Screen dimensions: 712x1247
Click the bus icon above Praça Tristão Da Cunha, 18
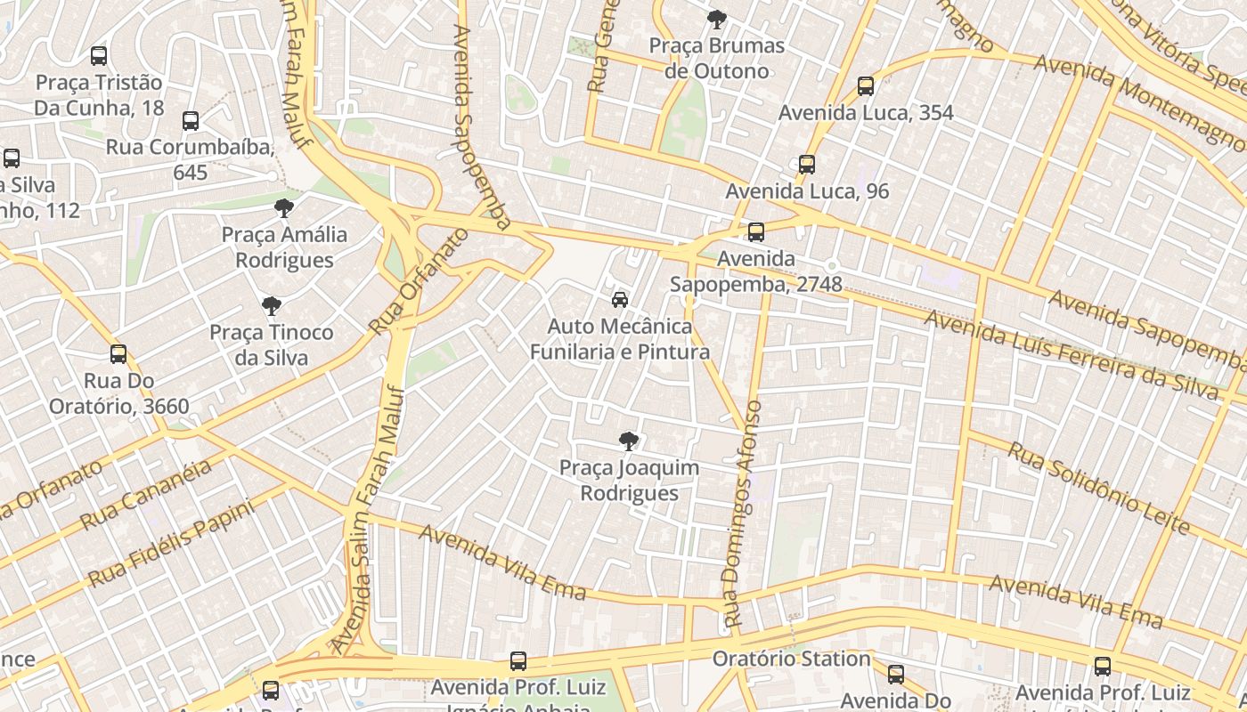99,56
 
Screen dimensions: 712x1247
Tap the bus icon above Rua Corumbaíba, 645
190,121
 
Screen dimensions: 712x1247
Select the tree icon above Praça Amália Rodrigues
284,208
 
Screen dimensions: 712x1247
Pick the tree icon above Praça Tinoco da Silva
272,306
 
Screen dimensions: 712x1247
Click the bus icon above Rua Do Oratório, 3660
118,354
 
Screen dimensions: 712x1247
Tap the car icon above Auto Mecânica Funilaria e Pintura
620,300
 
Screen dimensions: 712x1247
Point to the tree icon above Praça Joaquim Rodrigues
629,441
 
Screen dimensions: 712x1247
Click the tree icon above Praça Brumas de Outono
716,19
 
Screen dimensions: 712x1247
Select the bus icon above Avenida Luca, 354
865,86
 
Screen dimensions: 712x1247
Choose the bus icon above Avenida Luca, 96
807,165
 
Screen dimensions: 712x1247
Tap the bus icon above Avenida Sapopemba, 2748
756,232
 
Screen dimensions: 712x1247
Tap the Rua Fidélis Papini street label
171,543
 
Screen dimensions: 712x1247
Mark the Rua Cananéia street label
146,494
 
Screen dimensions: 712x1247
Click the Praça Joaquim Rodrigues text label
629,481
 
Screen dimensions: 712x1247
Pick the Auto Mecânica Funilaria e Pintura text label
620,339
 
